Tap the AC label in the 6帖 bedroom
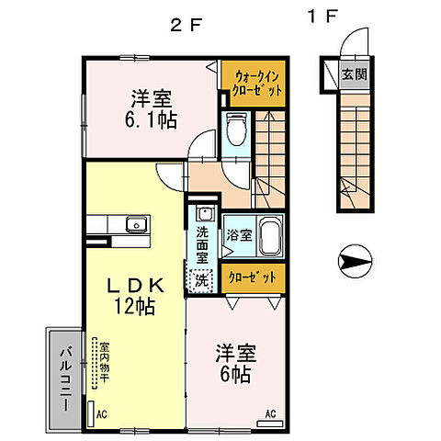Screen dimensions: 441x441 pos(271,413)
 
